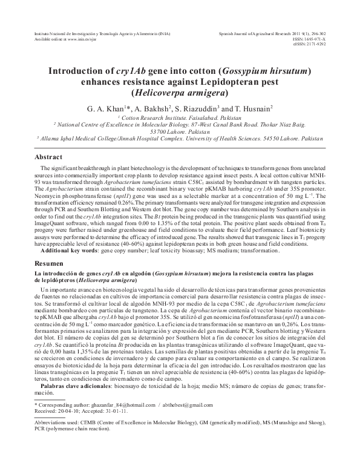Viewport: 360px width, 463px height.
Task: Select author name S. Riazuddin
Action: [x=200, y=108]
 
